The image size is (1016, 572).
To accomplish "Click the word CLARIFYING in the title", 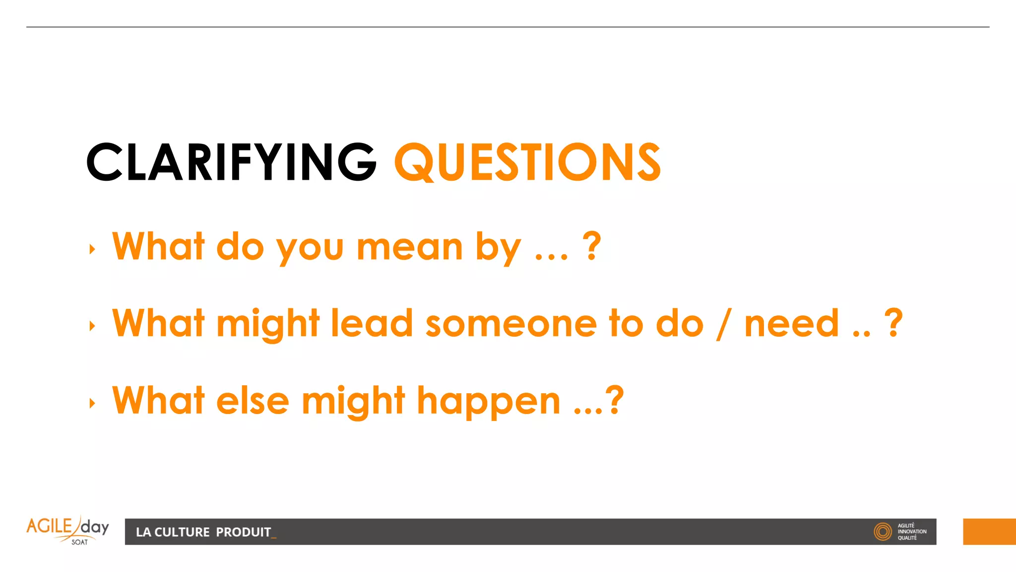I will [x=231, y=162].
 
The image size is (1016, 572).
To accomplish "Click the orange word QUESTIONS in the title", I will [x=527, y=162].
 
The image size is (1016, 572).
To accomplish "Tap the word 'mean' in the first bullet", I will [x=410, y=247].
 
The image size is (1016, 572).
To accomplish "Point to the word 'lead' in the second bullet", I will [x=372, y=324].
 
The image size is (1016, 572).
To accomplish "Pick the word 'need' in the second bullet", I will [x=792, y=324].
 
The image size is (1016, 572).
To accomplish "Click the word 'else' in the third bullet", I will [x=253, y=401].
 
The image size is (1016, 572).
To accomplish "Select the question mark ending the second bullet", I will [x=893, y=323].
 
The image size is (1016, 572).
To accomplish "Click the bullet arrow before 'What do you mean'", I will [x=92, y=249].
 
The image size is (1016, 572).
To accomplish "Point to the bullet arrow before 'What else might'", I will [x=92, y=403].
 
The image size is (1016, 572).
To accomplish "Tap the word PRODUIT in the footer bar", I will [x=244, y=532].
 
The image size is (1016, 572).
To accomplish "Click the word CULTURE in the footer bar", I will [x=182, y=532].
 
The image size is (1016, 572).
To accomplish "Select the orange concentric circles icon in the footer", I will [x=883, y=532].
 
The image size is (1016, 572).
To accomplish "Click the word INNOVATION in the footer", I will [x=912, y=532].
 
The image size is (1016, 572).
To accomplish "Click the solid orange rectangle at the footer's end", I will [x=989, y=532].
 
